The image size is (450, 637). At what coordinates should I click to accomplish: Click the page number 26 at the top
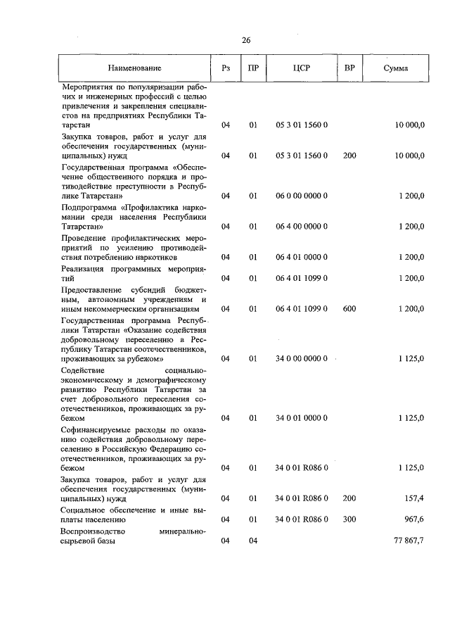tap(246, 40)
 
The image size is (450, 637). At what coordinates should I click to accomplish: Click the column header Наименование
tap(134, 68)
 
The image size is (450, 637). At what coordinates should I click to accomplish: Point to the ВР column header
tap(349, 68)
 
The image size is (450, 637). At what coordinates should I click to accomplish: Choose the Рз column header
tap(226, 68)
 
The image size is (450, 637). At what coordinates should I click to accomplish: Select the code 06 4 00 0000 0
tap(302, 227)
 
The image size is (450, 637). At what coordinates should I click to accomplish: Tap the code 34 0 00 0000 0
tap(302, 358)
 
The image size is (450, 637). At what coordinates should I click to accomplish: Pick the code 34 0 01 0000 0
tap(302, 418)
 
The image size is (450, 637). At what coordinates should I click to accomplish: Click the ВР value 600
tap(349, 309)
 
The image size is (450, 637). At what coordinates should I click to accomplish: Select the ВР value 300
tap(349, 519)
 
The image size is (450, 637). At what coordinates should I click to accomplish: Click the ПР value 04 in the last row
tap(252, 541)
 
